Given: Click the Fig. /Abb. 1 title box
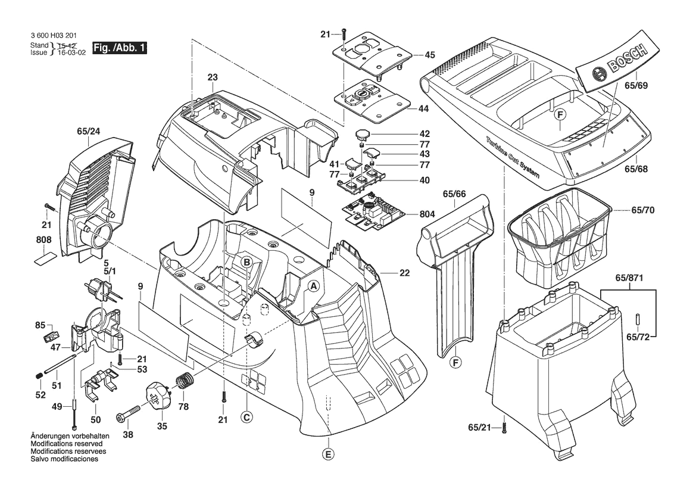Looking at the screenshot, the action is tap(120, 48).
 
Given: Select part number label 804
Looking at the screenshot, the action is tap(427, 214).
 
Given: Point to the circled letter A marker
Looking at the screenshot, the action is tap(314, 287).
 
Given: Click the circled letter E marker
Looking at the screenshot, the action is tap(328, 454).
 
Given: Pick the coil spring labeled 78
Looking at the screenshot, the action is tap(185, 381).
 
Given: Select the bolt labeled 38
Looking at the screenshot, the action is tap(129, 413).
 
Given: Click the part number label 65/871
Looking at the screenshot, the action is tap(629, 278).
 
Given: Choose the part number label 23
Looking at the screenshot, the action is tap(213, 77).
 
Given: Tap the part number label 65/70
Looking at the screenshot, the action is tap(643, 210).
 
